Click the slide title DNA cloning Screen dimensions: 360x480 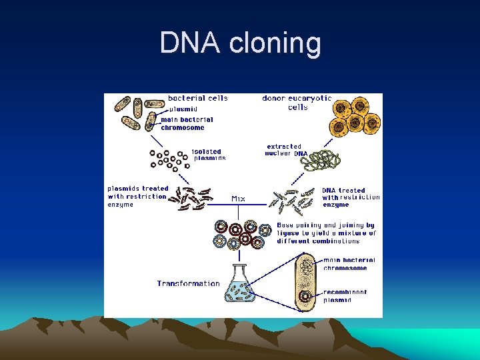click(x=240, y=43)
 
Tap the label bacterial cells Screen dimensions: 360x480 click(x=197, y=98)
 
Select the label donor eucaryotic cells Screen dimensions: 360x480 click(x=297, y=103)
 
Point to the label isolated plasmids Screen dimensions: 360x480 click(x=209, y=155)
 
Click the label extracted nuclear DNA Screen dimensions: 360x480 click(x=285, y=150)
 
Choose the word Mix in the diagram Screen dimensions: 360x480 click(x=238, y=198)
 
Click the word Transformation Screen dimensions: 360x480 click(x=189, y=283)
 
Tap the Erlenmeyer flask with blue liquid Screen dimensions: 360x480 click(x=244, y=287)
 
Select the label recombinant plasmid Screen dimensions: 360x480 click(x=344, y=296)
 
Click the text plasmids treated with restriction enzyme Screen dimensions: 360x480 click(x=138, y=197)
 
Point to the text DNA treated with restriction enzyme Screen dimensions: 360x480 click(x=351, y=197)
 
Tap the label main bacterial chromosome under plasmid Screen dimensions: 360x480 click(x=187, y=123)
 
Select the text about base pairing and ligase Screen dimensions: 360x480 click(x=326, y=233)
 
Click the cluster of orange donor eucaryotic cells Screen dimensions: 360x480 click(x=353, y=116)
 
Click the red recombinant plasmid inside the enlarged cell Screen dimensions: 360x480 click(x=305, y=296)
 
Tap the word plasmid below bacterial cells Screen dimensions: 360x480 click(x=183, y=109)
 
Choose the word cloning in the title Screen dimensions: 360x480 click(x=275, y=43)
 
